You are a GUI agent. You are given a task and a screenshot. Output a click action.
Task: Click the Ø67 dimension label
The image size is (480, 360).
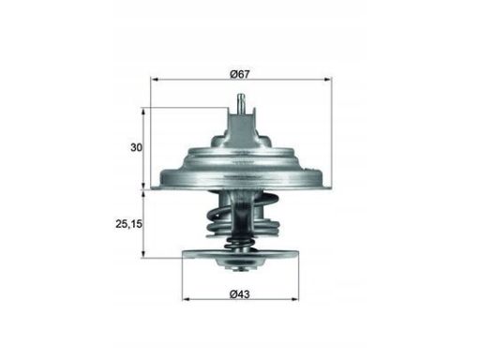(x=240, y=74)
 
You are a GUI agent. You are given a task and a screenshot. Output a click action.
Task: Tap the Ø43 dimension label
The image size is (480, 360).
(x=240, y=294)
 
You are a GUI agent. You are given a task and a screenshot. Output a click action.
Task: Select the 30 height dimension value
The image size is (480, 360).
(x=136, y=147)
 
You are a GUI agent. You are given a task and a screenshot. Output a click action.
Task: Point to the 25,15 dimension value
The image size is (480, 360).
(x=128, y=224)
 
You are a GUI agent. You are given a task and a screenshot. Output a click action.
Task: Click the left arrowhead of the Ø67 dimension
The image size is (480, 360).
(x=154, y=80)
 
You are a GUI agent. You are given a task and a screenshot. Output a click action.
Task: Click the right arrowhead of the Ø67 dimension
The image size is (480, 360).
(x=328, y=80)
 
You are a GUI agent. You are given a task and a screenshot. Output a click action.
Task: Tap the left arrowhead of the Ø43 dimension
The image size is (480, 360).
(x=186, y=299)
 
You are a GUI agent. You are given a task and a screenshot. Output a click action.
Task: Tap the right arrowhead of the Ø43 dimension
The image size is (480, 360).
(x=295, y=299)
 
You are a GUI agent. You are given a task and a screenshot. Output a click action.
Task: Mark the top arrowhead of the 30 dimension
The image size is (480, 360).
(x=143, y=112)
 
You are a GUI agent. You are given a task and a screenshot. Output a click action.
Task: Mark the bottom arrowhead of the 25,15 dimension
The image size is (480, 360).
(x=143, y=254)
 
